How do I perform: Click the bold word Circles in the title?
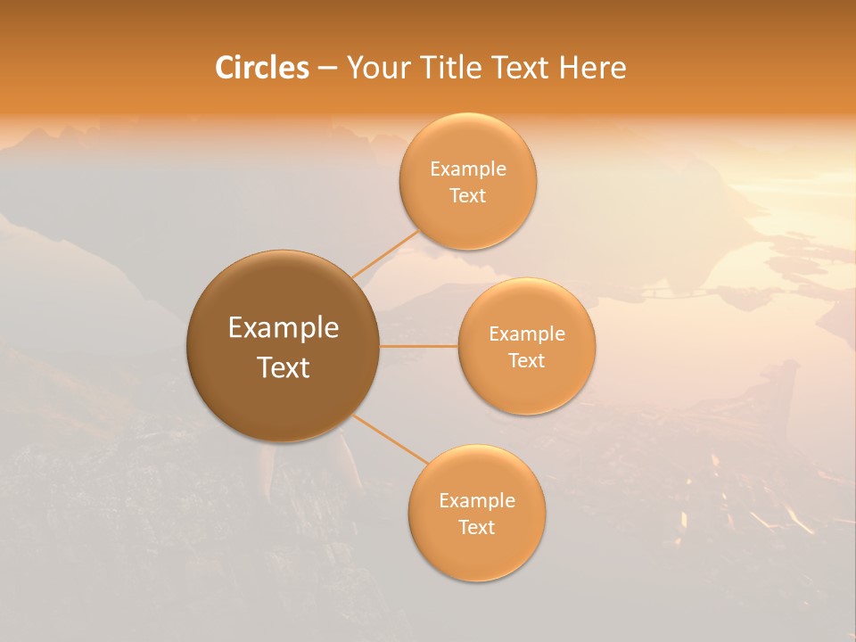click(x=262, y=68)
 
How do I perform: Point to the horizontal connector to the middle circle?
click(x=418, y=346)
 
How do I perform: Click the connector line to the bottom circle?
click(x=391, y=440)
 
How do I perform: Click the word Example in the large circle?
click(x=284, y=328)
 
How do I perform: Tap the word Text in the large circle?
click(x=284, y=367)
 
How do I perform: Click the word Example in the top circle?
click(x=468, y=169)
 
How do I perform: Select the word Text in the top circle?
click(x=467, y=195)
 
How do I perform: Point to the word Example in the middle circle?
click(x=527, y=334)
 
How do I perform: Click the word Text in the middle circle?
click(x=526, y=360)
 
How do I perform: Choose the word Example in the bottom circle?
click(x=477, y=501)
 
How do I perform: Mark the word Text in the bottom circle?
click(x=476, y=527)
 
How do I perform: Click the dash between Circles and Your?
click(x=326, y=69)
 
